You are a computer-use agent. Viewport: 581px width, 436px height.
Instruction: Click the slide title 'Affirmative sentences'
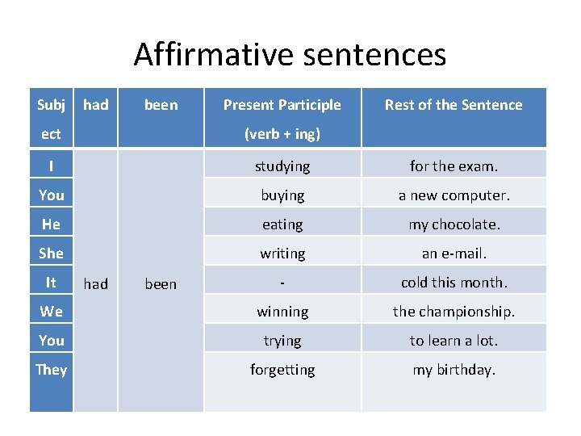click(x=290, y=54)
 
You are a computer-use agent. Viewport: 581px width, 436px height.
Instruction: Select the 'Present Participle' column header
click(x=282, y=105)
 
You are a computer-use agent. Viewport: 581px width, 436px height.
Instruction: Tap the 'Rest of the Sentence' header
click(x=454, y=105)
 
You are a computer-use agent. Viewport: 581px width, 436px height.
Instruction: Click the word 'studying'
click(x=282, y=166)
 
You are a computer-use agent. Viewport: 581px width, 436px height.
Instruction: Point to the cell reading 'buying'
click(x=282, y=195)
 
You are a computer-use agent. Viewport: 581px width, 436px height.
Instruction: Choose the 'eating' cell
click(x=282, y=224)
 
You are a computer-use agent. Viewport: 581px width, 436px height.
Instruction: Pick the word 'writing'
click(x=282, y=254)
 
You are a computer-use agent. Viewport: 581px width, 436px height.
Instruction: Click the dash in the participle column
click(x=282, y=283)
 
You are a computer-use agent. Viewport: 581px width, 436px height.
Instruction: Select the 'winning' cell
click(x=282, y=312)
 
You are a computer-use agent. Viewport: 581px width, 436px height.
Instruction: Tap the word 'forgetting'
click(x=282, y=370)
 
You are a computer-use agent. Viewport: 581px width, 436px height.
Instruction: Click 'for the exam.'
click(x=454, y=166)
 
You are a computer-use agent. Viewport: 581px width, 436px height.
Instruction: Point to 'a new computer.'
click(x=454, y=195)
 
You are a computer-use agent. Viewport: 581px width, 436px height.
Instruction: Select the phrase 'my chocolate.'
click(x=454, y=224)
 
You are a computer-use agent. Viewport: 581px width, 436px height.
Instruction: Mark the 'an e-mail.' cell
click(x=454, y=254)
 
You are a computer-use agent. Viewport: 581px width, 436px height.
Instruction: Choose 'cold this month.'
click(x=454, y=283)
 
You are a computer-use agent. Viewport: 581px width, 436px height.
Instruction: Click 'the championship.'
click(x=454, y=312)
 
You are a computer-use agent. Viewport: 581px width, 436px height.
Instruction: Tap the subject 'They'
click(x=51, y=370)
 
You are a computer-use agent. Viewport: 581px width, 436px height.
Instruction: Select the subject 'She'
click(x=51, y=254)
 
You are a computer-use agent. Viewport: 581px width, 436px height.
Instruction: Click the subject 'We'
click(x=51, y=312)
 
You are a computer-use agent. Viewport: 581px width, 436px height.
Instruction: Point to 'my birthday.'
click(x=454, y=370)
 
